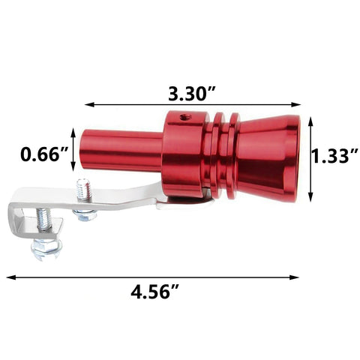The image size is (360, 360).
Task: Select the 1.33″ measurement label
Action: pyautogui.click(x=332, y=156)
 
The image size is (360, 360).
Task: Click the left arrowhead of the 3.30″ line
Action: pyautogui.click(x=87, y=106)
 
